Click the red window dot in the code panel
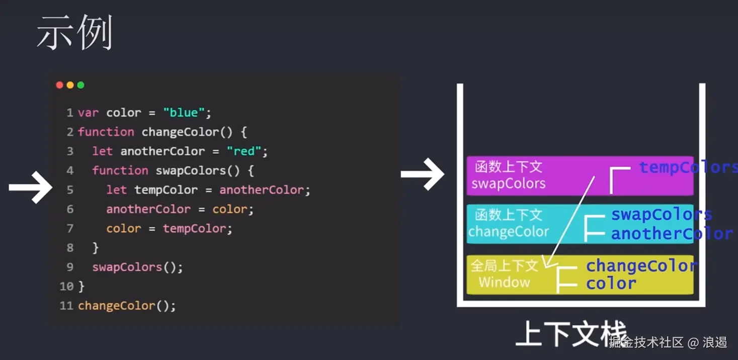(59, 85)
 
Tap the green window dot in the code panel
(80, 85)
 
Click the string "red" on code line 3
(244, 151)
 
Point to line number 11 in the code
(66, 306)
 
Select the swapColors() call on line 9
(137, 267)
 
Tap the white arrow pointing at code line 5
(30, 188)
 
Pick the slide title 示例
(74, 33)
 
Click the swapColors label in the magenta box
(508, 184)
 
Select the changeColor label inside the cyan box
(509, 232)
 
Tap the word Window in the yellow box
(504, 282)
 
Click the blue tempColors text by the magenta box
(688, 167)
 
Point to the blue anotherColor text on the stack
(672, 234)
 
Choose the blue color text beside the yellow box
(611, 283)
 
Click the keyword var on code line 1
(89, 112)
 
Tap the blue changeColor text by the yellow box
(641, 265)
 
